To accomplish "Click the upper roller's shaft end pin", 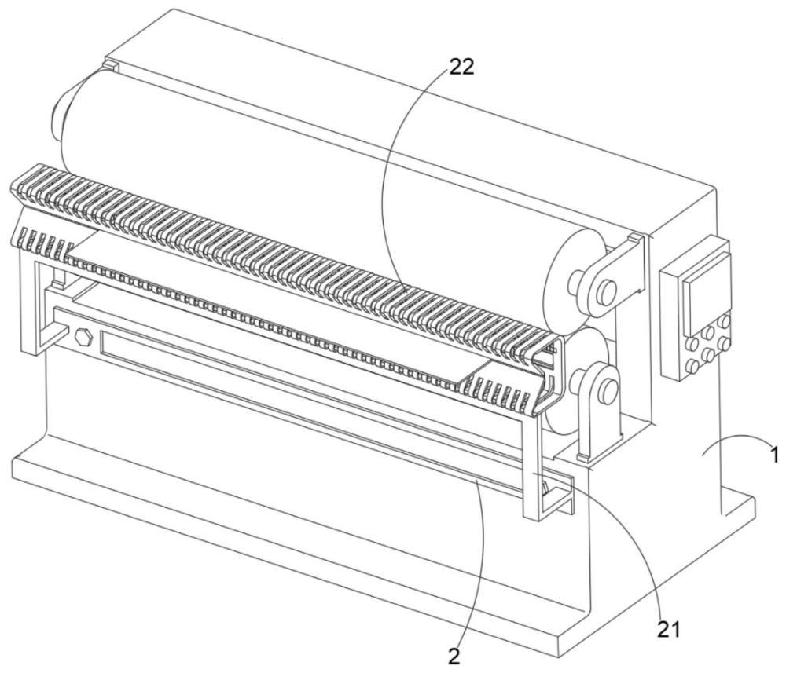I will pyautogui.click(x=605, y=291).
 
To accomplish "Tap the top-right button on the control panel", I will pyautogui.click(x=724, y=321).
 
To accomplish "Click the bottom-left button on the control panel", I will pyautogui.click(x=693, y=365).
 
